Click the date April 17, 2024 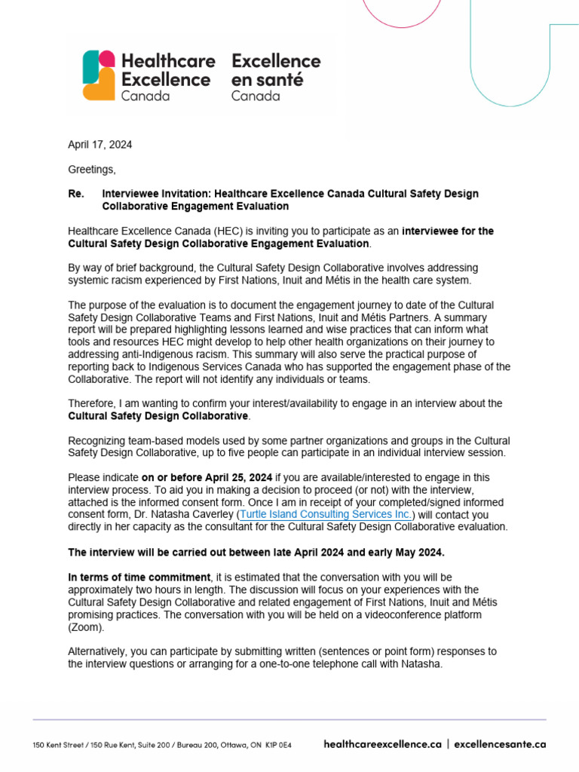[100, 145]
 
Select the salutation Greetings [92, 170]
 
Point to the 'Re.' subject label [76, 194]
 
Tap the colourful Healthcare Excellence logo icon [99, 75]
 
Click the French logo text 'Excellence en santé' [276, 69]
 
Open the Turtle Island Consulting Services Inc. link [325, 514]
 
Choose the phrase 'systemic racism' [106, 280]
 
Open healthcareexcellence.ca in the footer [382, 744]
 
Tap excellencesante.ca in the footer [500, 744]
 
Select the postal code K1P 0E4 [278, 745]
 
